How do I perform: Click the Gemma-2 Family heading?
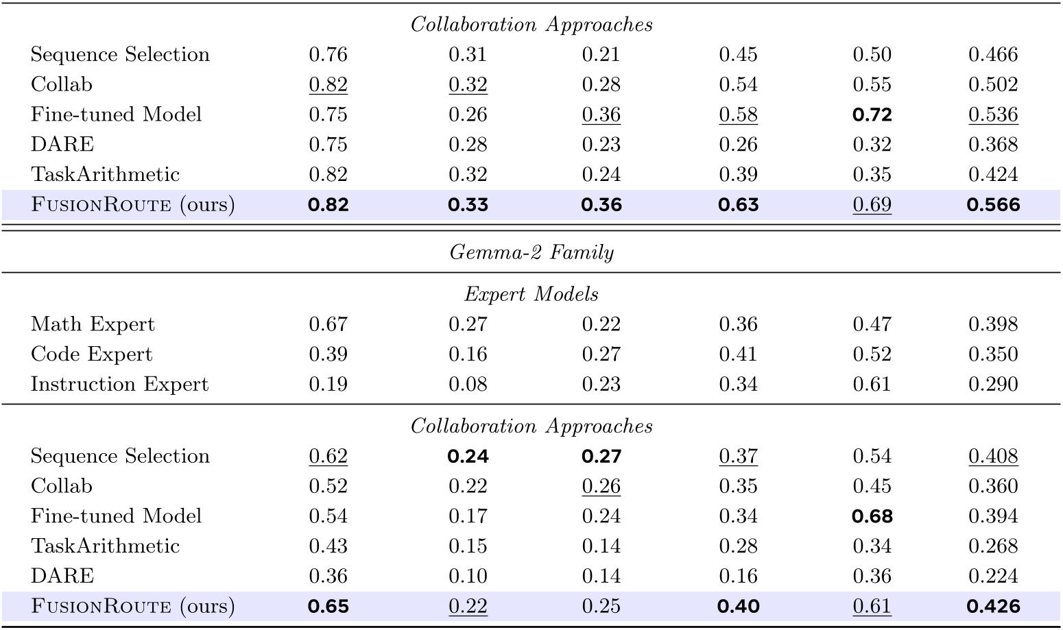531,252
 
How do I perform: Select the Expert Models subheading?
531,294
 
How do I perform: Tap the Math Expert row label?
93,324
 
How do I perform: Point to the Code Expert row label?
91,354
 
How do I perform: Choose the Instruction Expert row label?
119,384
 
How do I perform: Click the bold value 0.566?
993,205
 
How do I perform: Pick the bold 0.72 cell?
872,114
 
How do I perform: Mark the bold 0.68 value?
872,516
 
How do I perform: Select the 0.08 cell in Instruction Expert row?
468,384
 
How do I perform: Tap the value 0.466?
993,55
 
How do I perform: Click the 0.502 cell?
993,84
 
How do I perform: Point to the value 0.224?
993,576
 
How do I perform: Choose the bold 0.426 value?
993,607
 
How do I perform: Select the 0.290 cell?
993,384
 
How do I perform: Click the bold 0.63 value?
738,205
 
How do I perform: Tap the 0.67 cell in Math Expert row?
328,324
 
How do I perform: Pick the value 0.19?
328,384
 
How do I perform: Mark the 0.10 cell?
468,576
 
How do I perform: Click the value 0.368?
993,145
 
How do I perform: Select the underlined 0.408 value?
993,457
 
